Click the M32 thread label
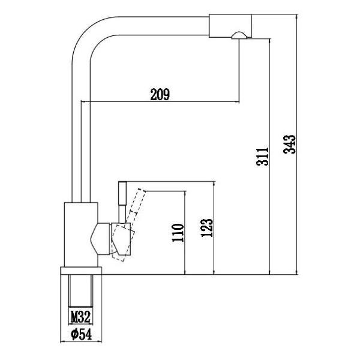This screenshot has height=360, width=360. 80,316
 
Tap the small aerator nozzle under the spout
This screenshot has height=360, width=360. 238,37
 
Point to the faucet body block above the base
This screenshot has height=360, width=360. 79,234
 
